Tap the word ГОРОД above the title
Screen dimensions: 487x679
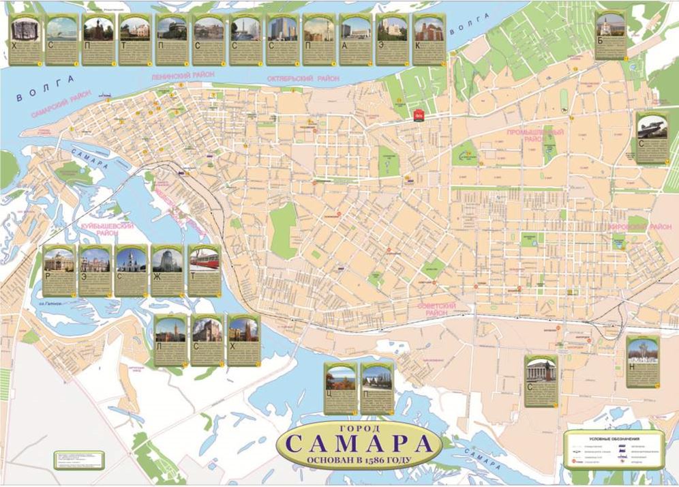359,428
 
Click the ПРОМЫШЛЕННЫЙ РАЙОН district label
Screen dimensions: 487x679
535,134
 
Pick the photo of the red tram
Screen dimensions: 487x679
204,261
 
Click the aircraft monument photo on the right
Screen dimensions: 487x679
652,128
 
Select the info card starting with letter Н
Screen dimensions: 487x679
642,361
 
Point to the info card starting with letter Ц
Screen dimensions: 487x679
340,389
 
